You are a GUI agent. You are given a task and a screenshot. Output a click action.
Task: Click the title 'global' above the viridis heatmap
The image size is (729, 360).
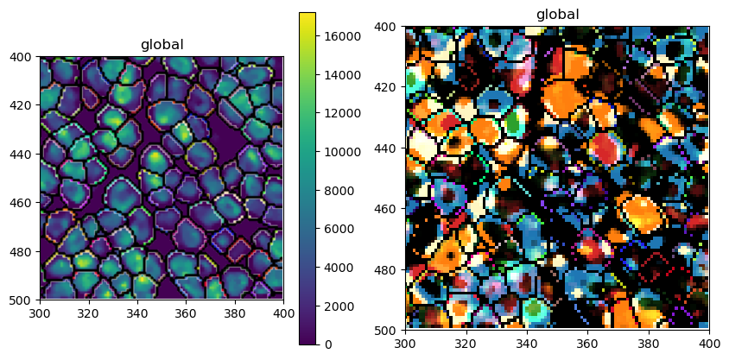[x=162, y=45]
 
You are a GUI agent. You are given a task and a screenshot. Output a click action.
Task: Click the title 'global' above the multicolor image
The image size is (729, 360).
[x=557, y=15]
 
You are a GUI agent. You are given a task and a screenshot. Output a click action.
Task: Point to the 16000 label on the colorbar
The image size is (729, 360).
[x=341, y=36]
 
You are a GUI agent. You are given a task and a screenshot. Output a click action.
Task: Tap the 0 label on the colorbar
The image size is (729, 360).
[x=326, y=344]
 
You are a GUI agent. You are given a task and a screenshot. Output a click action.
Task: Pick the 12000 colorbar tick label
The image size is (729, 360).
[x=341, y=113]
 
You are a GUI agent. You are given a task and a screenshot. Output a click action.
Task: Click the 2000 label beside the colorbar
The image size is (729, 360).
[x=338, y=306]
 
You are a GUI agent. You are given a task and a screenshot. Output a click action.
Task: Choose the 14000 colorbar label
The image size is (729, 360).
[x=341, y=75]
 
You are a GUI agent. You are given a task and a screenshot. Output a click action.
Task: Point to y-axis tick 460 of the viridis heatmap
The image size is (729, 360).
[x=23, y=203]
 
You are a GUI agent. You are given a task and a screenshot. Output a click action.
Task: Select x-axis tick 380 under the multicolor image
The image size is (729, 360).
[x=648, y=344]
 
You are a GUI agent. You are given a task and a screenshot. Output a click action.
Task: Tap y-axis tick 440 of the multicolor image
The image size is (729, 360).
[x=388, y=148]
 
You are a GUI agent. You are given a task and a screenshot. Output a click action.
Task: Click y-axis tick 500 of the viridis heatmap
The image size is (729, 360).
[x=23, y=300]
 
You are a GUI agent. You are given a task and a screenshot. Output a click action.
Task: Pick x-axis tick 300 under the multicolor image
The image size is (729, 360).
[x=405, y=344]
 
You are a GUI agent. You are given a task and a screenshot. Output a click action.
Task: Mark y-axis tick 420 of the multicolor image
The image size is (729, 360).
[x=388, y=88]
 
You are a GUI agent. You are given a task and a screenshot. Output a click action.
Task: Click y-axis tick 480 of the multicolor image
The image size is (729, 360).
[x=388, y=269]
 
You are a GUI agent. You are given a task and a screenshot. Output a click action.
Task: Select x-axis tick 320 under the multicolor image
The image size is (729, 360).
[x=466, y=344]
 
